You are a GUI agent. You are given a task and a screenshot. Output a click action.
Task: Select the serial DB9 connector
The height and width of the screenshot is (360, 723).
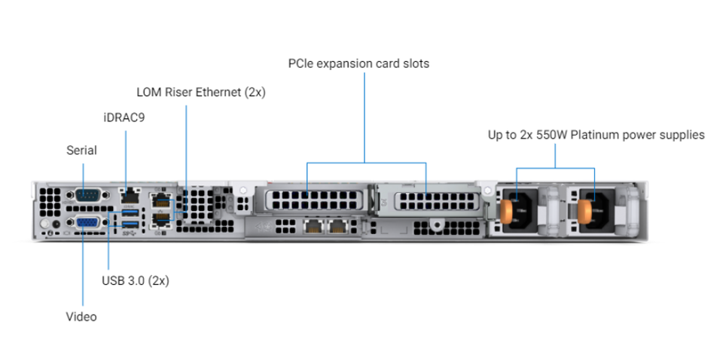[86, 195]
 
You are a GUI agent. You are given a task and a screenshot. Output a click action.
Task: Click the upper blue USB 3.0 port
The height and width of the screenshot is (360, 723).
[130, 212]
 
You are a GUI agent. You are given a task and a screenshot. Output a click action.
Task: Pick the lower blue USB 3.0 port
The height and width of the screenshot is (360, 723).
[130, 224]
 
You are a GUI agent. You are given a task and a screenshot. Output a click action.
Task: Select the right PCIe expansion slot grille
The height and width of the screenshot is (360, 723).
[437, 201]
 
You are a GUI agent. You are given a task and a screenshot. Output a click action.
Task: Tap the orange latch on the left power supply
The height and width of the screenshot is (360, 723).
[506, 212]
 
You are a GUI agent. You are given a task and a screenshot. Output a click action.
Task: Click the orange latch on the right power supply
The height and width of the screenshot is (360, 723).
[584, 212]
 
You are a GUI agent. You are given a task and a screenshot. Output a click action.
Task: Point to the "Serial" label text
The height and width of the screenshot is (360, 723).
[81, 151]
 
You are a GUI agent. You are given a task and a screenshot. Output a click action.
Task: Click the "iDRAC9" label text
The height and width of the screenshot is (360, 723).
[124, 117]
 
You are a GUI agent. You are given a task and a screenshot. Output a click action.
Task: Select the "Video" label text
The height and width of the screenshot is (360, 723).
[81, 316]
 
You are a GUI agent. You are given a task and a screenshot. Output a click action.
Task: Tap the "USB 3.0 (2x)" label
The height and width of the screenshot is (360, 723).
[136, 280]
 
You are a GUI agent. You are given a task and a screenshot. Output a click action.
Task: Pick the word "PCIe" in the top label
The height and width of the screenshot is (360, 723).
[301, 63]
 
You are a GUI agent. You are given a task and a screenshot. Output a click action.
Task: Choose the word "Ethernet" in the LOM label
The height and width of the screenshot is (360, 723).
[219, 92]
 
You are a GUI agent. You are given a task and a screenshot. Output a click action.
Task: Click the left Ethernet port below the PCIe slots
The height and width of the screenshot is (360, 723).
[313, 226]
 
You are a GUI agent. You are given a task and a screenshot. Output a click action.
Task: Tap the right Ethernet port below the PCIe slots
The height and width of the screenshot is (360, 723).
[337, 226]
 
